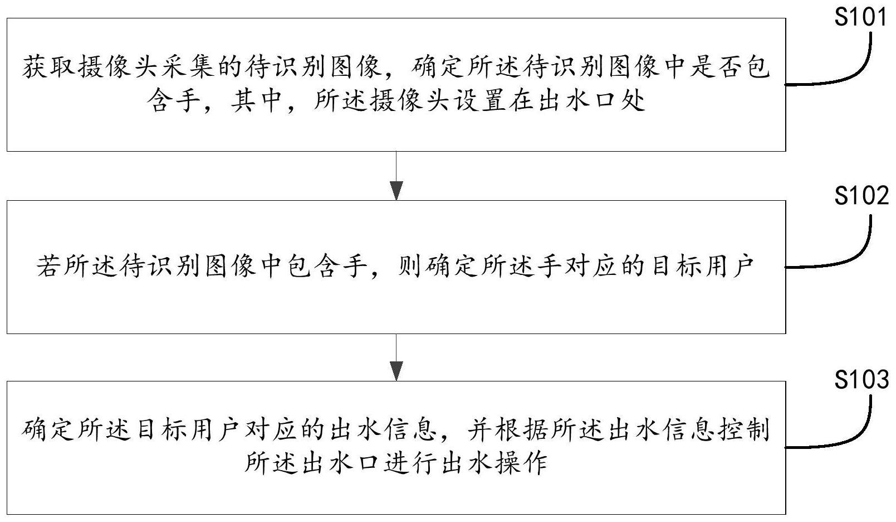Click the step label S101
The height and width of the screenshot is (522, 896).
coord(860,17)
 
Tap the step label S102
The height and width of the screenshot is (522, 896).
coord(861,196)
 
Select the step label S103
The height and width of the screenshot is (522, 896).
coord(861,379)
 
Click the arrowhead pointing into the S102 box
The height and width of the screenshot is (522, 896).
coord(396,191)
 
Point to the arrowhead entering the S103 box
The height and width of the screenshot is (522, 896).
coord(396,371)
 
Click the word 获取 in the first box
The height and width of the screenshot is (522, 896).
coord(48,66)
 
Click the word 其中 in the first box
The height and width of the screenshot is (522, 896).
coord(256,100)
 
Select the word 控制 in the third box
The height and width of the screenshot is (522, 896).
coord(744,430)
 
